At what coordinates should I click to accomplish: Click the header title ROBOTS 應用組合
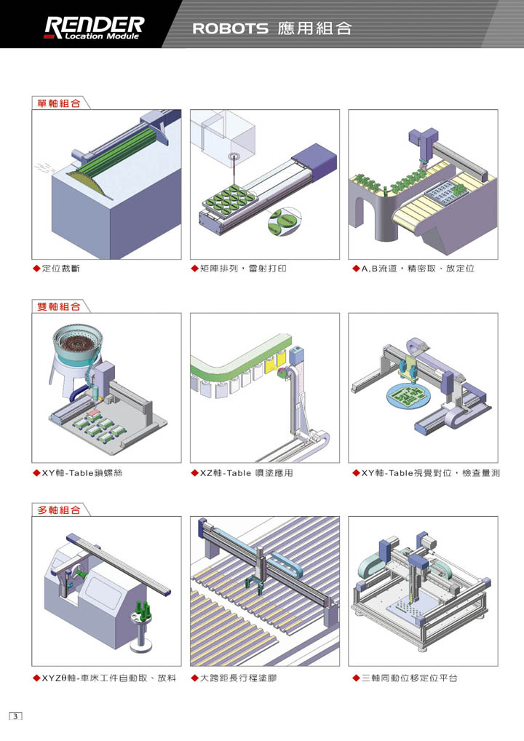(271, 28)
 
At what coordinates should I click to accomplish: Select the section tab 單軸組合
(60, 103)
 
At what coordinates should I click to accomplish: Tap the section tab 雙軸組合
(60, 306)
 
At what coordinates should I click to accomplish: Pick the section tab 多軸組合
(60, 510)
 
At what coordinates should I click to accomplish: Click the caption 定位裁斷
(61, 269)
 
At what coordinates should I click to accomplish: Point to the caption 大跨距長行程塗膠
(237, 678)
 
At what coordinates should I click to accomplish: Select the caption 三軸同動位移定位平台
(410, 678)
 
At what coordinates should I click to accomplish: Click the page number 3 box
(16, 716)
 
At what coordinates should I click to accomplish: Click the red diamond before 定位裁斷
(37, 269)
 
